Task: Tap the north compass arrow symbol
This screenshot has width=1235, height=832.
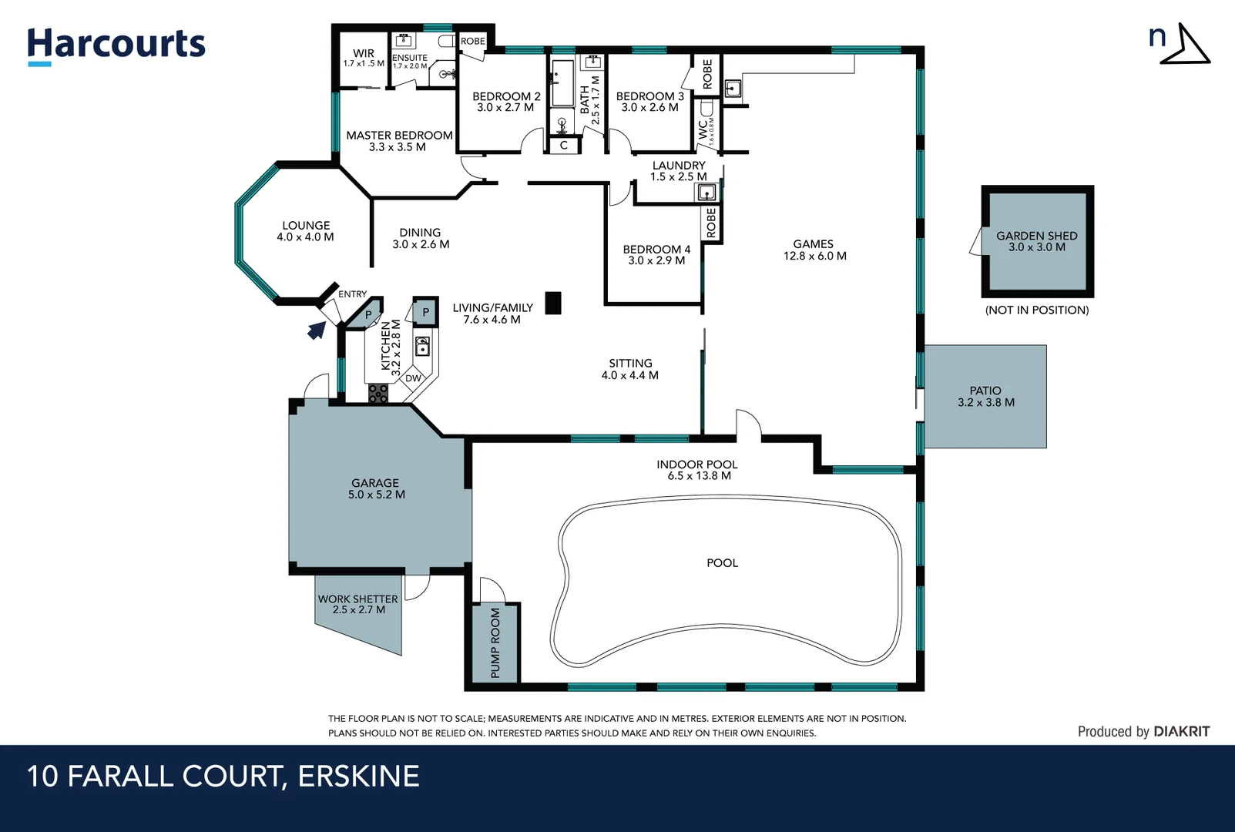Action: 1187,45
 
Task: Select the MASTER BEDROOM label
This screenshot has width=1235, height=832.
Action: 398,140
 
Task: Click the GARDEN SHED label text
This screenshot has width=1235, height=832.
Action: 1036,241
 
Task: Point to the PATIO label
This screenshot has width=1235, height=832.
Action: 985,396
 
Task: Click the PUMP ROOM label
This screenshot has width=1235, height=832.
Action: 495,643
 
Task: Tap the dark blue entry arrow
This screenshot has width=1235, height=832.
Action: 316,330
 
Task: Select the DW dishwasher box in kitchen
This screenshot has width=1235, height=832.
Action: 414,378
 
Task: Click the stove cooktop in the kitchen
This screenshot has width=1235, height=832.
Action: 378,394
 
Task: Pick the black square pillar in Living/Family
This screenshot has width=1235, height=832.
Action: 553,303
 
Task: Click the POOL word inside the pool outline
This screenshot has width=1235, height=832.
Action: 722,563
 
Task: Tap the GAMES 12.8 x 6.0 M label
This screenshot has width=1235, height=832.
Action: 814,250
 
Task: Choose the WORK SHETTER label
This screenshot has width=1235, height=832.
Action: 358,604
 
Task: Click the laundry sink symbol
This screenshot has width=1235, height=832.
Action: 706,193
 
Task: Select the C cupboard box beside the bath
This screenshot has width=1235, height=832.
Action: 564,145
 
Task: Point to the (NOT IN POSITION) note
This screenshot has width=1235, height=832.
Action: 1037,310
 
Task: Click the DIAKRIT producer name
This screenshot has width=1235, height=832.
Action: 1182,732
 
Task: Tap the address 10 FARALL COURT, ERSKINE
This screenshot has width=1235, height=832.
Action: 223,777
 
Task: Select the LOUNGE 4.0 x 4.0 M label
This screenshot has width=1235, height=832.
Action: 306,231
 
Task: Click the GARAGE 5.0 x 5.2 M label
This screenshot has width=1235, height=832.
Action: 376,488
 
